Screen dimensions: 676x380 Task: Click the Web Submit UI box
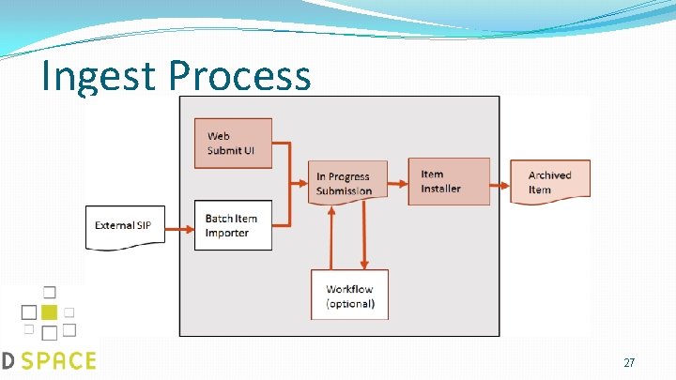pos(233,143)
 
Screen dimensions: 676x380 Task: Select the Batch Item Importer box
pos(233,225)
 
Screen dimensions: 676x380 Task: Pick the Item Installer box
pos(449,181)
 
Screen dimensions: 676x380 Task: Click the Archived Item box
pos(550,182)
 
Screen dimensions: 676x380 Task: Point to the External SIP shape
pos(124,226)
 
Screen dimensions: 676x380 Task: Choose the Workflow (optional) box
pos(350,295)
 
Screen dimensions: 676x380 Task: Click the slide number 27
pos(629,362)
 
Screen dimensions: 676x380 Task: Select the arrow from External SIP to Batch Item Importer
pos(179,226)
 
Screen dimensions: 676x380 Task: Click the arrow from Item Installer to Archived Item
pos(499,182)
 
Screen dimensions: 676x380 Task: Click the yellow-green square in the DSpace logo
pos(49,312)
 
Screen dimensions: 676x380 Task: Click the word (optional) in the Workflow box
pos(350,303)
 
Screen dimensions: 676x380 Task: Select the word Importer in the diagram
pos(227,233)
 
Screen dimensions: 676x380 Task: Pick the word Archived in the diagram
pos(550,175)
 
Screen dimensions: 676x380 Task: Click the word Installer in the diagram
pos(441,189)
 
